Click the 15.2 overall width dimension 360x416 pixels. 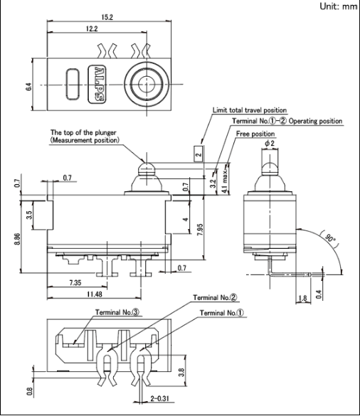(x=107, y=17)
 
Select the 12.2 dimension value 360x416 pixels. (x=92, y=28)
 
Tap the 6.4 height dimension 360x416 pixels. (x=28, y=87)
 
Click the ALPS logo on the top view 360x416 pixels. (x=97, y=85)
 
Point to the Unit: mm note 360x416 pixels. (x=339, y=6)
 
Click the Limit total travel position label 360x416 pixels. (x=250, y=110)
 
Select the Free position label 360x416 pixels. (x=255, y=134)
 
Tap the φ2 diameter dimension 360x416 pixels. (x=270, y=144)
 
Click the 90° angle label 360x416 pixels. (x=331, y=238)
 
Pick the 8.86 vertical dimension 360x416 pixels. (x=17, y=239)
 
